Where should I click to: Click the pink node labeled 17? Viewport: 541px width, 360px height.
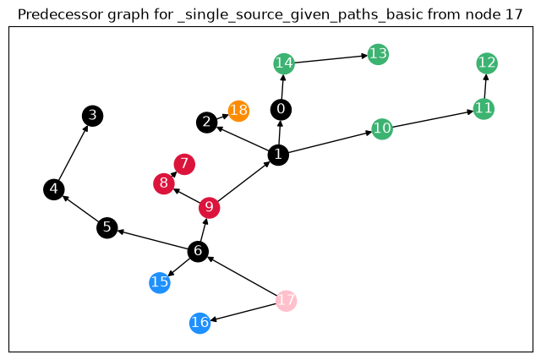(286, 301)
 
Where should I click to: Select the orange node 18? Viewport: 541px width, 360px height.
(238, 111)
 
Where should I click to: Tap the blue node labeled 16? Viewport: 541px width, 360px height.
(200, 323)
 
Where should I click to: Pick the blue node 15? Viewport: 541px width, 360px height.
(160, 283)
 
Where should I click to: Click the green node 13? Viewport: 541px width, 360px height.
(378, 54)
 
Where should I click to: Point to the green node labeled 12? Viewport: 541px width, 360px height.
(487, 63)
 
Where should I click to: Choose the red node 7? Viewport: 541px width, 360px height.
(184, 164)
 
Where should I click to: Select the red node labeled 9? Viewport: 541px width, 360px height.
(210, 208)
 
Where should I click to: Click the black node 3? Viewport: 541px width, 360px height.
(92, 116)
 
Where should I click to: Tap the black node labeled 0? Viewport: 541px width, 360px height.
(281, 110)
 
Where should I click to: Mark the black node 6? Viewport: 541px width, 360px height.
(198, 251)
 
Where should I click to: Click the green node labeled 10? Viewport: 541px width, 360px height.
(382, 129)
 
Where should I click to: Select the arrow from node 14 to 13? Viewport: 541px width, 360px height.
(331, 59)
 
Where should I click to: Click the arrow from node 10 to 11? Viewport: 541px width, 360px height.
(433, 119)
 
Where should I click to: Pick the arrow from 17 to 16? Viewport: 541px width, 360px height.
(243, 312)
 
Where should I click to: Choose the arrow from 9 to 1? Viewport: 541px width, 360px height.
(244, 182)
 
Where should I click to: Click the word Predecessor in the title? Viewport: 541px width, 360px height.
(61, 14)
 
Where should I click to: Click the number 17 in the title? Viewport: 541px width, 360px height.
(514, 14)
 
